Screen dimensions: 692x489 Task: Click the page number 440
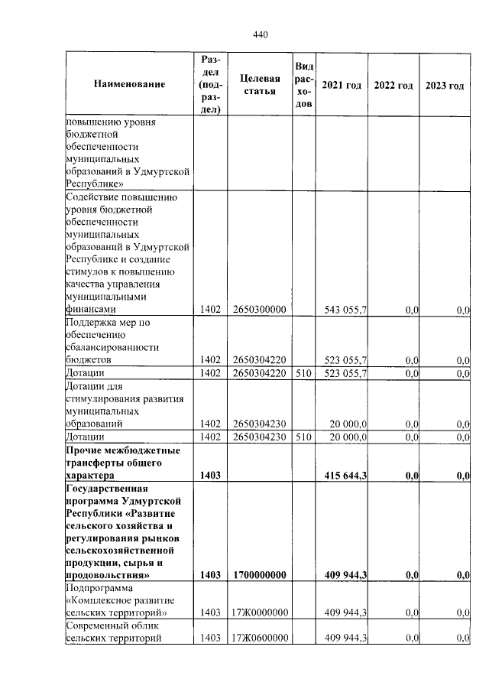[x=261, y=34]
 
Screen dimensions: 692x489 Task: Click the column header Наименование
[x=129, y=84]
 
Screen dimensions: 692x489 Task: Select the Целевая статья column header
[x=259, y=84]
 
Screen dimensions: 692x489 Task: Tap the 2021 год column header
[x=342, y=84]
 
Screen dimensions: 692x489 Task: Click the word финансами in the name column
[x=91, y=310]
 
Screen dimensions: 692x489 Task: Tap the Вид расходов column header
[x=303, y=84]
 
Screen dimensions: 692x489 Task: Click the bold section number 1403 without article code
[x=209, y=476]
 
